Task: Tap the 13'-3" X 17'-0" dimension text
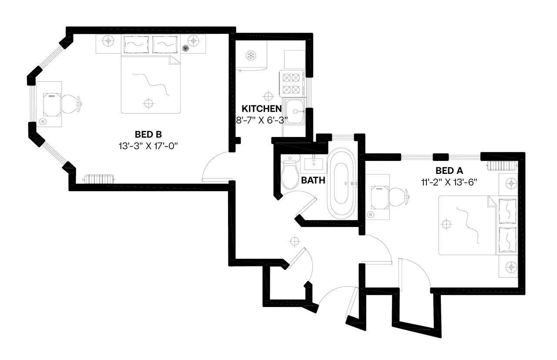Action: pos(148,146)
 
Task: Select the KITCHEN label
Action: pos(262,109)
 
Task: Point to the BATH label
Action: pos(313,180)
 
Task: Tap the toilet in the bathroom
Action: pos(289,174)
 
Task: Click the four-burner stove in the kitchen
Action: pos(292,83)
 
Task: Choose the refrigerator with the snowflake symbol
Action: pos(251,55)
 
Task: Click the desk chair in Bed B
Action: pos(71,103)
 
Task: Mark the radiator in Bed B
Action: pos(99,179)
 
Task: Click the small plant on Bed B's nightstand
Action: pos(185,48)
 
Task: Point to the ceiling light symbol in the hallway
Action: pos(295,240)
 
